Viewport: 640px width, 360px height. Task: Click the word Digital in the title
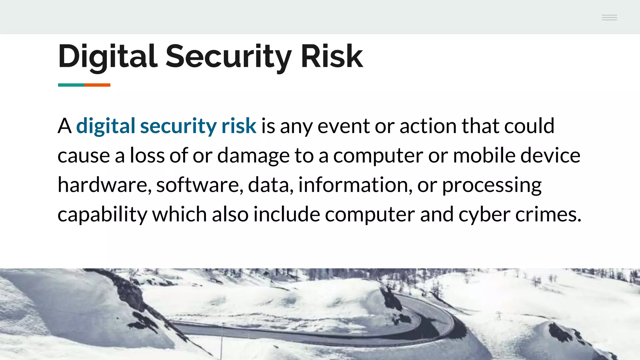107,56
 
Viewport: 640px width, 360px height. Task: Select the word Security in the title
228,56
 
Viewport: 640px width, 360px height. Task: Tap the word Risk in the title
332,56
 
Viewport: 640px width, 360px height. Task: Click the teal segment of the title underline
71,85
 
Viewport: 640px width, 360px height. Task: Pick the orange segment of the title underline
97,85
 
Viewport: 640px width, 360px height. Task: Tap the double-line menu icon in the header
609,17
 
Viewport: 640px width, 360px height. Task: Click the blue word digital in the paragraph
106,126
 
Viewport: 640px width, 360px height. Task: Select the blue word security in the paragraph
178,126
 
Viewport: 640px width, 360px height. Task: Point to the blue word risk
239,126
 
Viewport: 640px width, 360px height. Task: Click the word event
343,126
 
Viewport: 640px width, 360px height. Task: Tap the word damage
253,156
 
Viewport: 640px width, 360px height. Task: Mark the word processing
492,185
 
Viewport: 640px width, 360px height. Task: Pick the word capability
102,215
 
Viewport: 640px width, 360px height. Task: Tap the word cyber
484,215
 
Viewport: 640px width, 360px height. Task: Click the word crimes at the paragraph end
548,215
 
